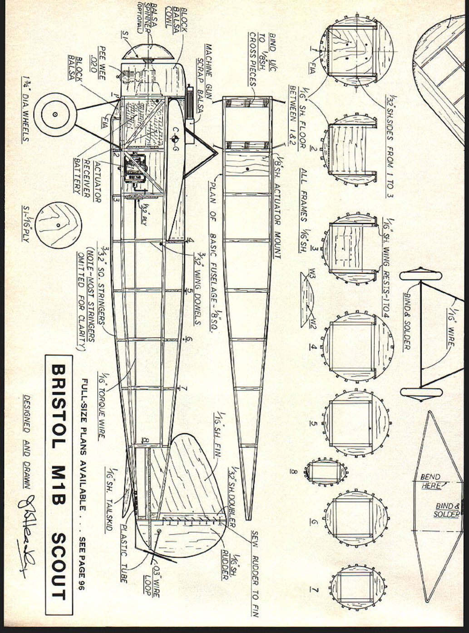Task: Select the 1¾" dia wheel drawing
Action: (x=54, y=115)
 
